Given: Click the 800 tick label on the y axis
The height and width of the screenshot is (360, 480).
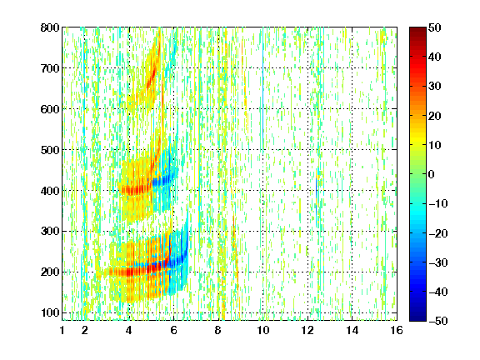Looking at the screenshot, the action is pyautogui.click(x=50, y=27).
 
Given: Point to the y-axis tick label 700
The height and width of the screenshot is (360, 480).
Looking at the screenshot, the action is pyautogui.click(x=50, y=68).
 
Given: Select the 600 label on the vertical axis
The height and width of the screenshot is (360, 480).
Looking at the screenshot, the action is pyautogui.click(x=50, y=109).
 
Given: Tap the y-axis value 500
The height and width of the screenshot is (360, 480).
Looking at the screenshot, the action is pyautogui.click(x=50, y=150).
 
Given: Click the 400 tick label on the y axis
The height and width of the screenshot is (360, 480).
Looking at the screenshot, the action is pyautogui.click(x=50, y=191).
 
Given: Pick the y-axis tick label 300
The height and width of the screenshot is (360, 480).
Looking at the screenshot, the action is pyautogui.click(x=50, y=231).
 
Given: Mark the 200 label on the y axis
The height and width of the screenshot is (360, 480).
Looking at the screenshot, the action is pyautogui.click(x=50, y=272).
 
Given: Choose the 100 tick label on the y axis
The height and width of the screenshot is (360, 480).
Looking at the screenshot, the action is pyautogui.click(x=50, y=312).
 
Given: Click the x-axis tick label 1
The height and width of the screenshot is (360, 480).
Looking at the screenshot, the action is pyautogui.click(x=62, y=330).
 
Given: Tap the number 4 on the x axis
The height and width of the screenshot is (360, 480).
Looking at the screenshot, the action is pyautogui.click(x=129, y=330).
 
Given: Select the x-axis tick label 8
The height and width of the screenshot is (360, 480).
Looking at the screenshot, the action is pyautogui.click(x=218, y=330).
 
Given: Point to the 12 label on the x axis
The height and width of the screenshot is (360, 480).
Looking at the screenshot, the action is pyautogui.click(x=307, y=330).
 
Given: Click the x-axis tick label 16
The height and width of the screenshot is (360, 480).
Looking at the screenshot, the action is pyautogui.click(x=397, y=330).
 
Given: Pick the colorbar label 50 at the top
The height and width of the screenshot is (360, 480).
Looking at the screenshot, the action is pyautogui.click(x=435, y=27).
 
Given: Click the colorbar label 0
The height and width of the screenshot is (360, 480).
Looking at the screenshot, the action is pyautogui.click(x=432, y=174).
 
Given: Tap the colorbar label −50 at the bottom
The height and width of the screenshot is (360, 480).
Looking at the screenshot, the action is pyautogui.click(x=438, y=321).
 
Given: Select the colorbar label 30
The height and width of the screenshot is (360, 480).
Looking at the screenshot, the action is pyautogui.click(x=435, y=87).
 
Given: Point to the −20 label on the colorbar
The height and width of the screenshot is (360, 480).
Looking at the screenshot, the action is pyautogui.click(x=438, y=233).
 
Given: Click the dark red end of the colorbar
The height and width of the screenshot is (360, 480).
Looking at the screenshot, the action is pyautogui.click(x=417, y=29).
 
